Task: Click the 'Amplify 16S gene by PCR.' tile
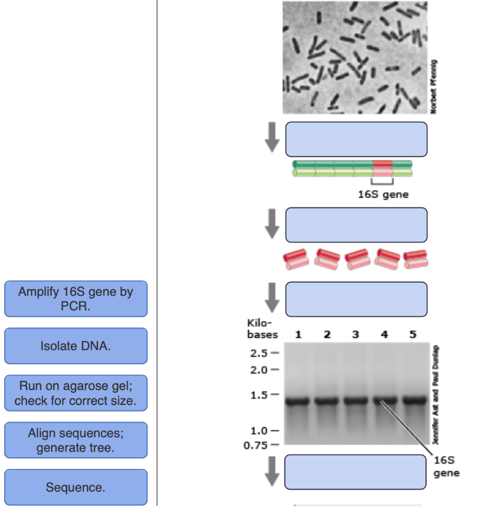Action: click(x=76, y=299)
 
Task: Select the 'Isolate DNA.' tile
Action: click(x=76, y=346)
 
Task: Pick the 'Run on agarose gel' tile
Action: click(x=76, y=393)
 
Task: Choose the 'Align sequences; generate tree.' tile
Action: click(x=76, y=440)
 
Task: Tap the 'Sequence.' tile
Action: click(x=76, y=487)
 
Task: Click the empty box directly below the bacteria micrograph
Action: click(x=356, y=139)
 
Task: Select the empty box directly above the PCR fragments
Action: click(x=356, y=225)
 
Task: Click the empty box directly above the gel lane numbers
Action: click(x=356, y=299)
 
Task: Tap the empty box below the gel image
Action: click(x=356, y=472)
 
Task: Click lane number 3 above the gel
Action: click(x=355, y=335)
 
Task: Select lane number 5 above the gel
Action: click(x=413, y=335)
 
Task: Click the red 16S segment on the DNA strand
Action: click(x=382, y=168)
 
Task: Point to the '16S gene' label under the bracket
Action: click(x=384, y=195)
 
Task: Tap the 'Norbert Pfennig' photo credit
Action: click(x=434, y=87)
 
